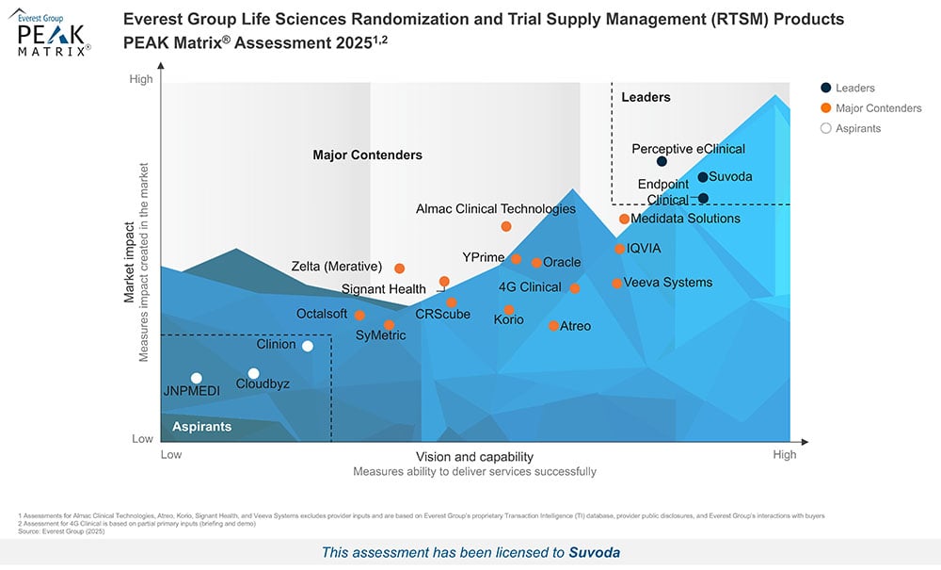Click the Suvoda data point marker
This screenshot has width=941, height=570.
[x=703, y=177]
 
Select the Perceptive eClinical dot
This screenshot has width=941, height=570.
[x=662, y=162]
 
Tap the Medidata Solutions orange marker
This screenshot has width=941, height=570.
[x=624, y=220]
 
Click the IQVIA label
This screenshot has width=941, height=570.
[x=645, y=249]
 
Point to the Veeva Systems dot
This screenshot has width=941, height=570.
[x=617, y=284]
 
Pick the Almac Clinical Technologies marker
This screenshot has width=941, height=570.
[x=506, y=226]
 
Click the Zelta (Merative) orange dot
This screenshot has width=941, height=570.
[x=399, y=269]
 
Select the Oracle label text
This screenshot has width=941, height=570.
[x=562, y=263]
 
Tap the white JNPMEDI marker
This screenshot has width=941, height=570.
[x=197, y=379]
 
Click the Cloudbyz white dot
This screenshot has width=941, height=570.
[x=253, y=374]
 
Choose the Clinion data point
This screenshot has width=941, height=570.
[x=307, y=346]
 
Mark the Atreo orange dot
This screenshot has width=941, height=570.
[x=553, y=326]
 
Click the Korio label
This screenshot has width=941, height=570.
[x=508, y=321]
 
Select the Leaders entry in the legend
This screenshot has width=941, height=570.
[x=854, y=89]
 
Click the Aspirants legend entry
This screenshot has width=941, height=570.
[x=857, y=128]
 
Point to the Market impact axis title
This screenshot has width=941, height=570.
[x=130, y=262]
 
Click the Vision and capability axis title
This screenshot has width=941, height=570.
[x=474, y=456]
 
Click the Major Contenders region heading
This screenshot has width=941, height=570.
[x=367, y=155]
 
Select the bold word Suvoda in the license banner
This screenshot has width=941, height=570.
[x=595, y=553]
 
